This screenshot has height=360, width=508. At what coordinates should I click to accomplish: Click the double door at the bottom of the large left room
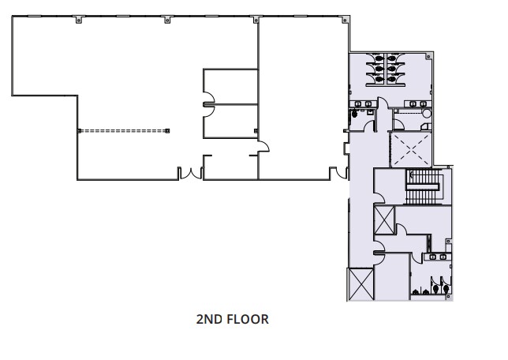click(x=189, y=173)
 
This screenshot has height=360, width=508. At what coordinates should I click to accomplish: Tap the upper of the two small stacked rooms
click(x=230, y=87)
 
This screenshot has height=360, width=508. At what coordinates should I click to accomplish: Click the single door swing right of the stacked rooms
click(x=264, y=146)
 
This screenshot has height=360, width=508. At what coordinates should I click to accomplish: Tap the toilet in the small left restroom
click(x=355, y=114)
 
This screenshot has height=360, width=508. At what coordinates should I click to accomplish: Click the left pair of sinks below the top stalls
click(x=364, y=103)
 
